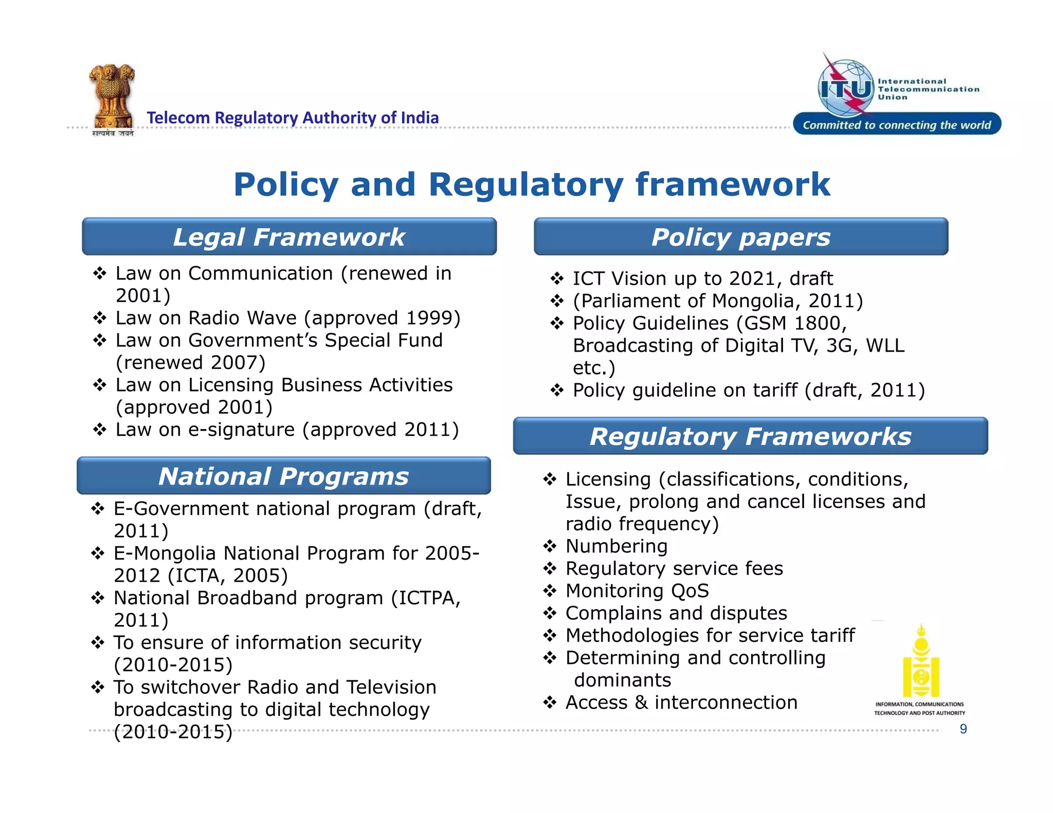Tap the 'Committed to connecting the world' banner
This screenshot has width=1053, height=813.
tap(897, 125)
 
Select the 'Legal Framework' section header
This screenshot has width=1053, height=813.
tap(289, 237)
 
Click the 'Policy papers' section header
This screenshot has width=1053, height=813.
tap(740, 237)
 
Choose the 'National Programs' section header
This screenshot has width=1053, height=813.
tap(283, 476)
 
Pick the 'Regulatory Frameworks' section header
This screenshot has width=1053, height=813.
tap(750, 437)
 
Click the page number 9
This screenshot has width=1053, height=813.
tap(963, 729)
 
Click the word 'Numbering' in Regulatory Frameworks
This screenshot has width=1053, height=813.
tap(616, 546)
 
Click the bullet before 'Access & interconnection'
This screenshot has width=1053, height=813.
tap(550, 703)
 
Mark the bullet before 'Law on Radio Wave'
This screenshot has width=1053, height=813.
tap(99, 318)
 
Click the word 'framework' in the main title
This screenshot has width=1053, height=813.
tap(733, 184)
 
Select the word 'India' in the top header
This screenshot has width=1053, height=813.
tap(420, 118)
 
